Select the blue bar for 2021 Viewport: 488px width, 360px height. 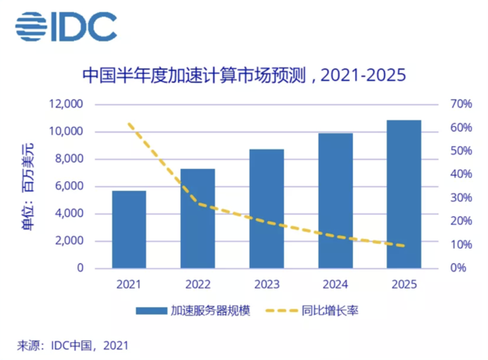(129, 229)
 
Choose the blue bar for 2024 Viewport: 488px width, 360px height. (335, 200)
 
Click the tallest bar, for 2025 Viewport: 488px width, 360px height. (403, 193)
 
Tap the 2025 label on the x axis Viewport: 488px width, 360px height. (403, 284)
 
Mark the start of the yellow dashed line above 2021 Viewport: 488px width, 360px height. (130, 124)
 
